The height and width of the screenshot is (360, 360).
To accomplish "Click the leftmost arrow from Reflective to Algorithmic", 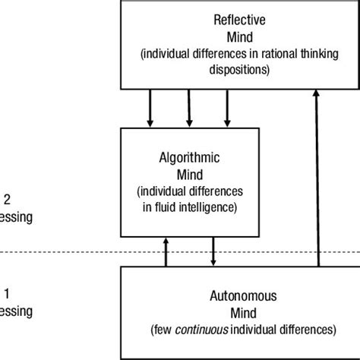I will tap(150, 106).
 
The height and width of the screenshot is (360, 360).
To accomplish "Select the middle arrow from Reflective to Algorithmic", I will tap(189, 106).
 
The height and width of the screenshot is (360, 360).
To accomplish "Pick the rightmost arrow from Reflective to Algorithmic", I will tap(227, 106).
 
